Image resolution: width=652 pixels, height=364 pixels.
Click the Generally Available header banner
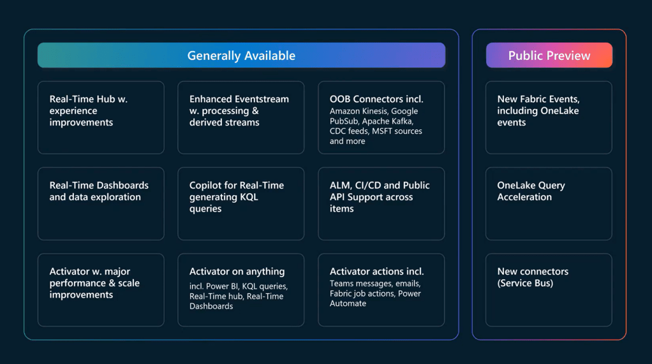tap(241, 55)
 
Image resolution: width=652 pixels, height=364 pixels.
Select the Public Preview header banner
tap(549, 55)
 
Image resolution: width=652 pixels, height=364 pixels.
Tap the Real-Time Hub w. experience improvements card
tap(101, 117)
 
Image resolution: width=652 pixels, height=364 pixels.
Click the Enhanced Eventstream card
tap(241, 117)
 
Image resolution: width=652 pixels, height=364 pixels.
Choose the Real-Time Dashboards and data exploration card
tap(101, 203)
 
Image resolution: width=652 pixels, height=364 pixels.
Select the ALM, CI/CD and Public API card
tap(382, 203)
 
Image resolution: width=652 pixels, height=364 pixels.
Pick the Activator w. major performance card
tap(101, 290)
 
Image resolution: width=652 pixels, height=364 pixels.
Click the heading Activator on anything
tap(237, 272)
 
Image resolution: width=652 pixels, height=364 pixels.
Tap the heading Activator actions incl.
tap(377, 272)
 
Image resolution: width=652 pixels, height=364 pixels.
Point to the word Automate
tap(348, 303)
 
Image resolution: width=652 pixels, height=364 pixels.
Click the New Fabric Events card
tap(549, 117)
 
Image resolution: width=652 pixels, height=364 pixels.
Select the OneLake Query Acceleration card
tap(549, 203)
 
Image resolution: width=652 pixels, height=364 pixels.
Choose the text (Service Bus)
tap(525, 283)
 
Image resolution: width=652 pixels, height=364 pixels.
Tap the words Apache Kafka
tap(387, 121)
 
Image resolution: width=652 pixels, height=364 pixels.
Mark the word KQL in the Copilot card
tap(249, 197)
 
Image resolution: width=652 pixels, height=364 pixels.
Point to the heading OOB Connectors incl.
tap(376, 99)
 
